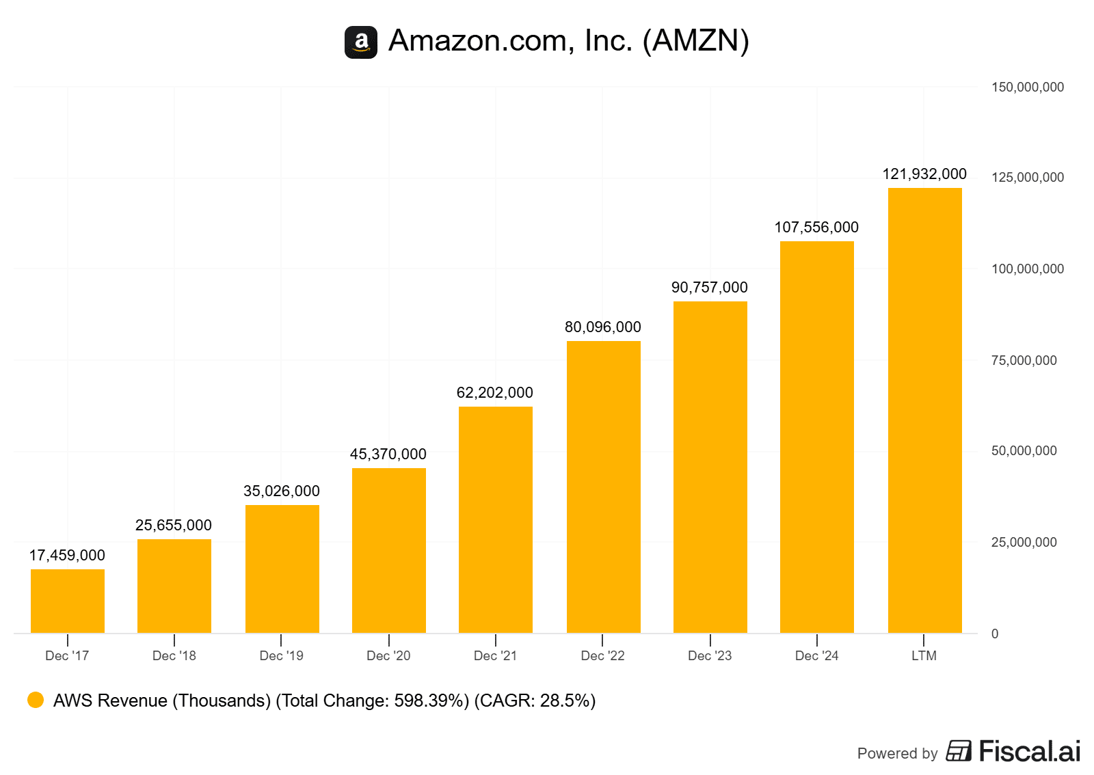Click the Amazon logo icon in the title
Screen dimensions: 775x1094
pos(360,42)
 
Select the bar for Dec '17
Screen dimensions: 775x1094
pos(68,601)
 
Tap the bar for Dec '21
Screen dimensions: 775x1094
pos(496,519)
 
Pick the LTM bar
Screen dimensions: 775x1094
pos(924,410)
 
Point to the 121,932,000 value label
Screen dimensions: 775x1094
pos(924,174)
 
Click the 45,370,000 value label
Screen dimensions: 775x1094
pos(388,454)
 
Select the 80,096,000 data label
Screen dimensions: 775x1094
pos(603,327)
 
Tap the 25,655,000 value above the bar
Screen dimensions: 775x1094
pos(174,526)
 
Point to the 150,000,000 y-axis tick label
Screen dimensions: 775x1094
pos(1028,87)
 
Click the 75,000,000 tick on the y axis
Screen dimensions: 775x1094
pos(1024,361)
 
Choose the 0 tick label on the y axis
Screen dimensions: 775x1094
pos(995,634)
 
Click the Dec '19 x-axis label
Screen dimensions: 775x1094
pos(282,656)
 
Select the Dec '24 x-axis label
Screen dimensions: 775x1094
pos(817,656)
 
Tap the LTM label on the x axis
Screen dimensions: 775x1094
pos(924,656)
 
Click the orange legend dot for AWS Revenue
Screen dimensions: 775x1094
pos(36,700)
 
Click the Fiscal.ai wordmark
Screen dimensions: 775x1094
pos(1030,752)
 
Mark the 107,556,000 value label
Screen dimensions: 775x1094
pos(816,228)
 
